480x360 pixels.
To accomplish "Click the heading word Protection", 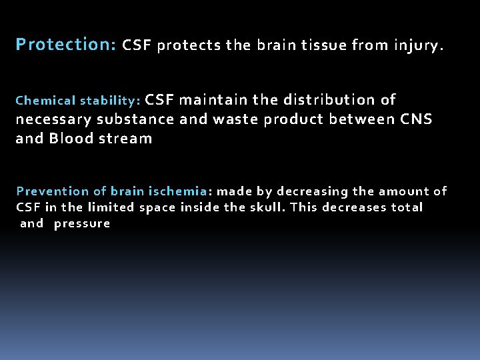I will tap(65, 45).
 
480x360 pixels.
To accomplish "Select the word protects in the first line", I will tap(190, 46).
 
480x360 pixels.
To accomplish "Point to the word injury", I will tap(419, 46).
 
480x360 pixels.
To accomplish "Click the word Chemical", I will tap(45, 101).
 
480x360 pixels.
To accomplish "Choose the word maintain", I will tap(213, 100).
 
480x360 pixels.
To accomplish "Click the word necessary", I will tap(54, 119).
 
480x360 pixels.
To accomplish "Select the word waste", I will tap(233, 119).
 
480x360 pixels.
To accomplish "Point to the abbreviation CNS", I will tap(416, 119).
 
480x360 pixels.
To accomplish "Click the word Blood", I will tap(71, 139).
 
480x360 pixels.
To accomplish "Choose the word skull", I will tap(267, 207).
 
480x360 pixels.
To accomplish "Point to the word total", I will tap(407, 207).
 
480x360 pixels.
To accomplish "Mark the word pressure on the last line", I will tap(82, 224).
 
